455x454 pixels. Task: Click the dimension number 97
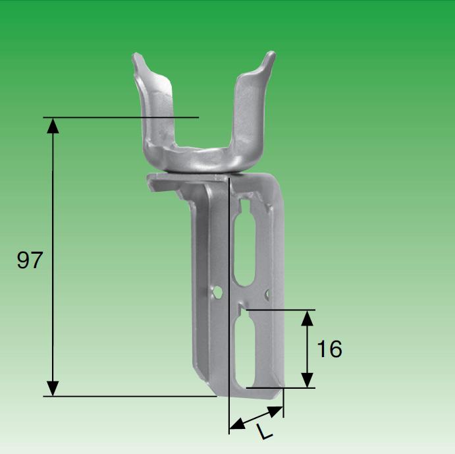[30, 260]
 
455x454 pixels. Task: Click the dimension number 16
[329, 349]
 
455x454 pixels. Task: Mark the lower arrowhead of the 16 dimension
[307, 380]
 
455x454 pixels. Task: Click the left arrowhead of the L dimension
[236, 426]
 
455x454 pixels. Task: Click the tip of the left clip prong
[136, 57]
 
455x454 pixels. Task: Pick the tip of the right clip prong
[269, 56]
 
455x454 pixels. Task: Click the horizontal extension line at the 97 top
[125, 117]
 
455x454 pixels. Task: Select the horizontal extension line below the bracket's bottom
[132, 396]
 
